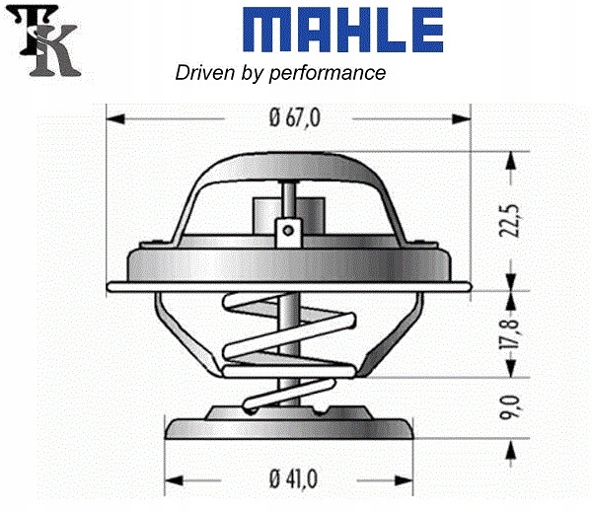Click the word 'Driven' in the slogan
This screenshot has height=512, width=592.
(200, 73)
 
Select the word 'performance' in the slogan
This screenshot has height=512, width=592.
(337, 73)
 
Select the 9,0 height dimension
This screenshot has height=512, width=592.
(509, 404)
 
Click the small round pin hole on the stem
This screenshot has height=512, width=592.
(287, 231)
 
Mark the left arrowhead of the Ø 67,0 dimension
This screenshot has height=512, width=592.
(114, 119)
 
